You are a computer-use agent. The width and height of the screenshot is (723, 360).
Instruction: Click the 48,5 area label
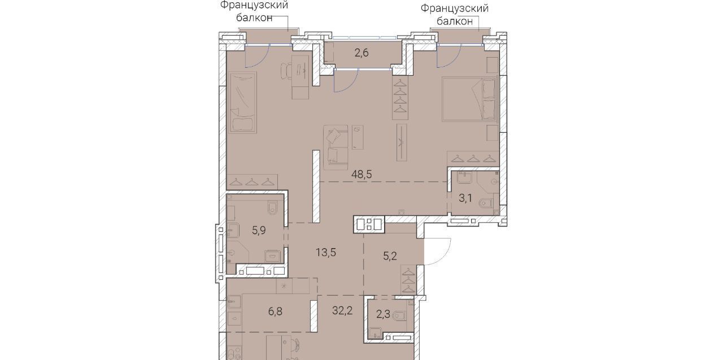[x=361, y=175]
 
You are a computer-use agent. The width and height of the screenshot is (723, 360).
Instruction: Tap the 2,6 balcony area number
[x=361, y=53]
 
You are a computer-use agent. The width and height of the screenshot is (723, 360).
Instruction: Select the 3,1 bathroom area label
[x=465, y=198]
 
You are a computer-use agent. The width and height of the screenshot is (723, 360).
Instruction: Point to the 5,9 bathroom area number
[x=259, y=230]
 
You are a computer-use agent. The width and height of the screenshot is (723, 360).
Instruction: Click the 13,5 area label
[x=326, y=252]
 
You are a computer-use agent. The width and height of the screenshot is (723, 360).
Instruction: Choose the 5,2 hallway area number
[x=390, y=257]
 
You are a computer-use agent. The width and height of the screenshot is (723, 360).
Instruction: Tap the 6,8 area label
[x=275, y=311]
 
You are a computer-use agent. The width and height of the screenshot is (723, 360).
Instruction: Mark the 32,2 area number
[x=342, y=311]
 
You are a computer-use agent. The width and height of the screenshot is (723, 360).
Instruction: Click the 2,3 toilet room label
[x=383, y=314]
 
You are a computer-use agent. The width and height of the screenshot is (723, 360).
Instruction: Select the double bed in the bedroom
[x=469, y=99]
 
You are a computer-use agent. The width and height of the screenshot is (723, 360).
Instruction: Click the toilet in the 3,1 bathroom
[x=486, y=203]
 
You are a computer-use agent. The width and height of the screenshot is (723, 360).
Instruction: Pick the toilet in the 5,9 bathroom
[x=273, y=207]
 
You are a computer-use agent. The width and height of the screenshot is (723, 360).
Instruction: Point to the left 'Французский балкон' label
[x=254, y=11]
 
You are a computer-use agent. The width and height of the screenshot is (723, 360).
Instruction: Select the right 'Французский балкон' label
[x=455, y=15]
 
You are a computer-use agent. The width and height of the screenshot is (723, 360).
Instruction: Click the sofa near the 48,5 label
[x=336, y=148]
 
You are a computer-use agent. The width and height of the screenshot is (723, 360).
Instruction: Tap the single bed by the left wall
[x=243, y=102]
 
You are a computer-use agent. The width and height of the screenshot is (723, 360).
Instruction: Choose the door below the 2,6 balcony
[x=346, y=81]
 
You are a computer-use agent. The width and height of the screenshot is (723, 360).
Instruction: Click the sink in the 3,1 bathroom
[x=464, y=177]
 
